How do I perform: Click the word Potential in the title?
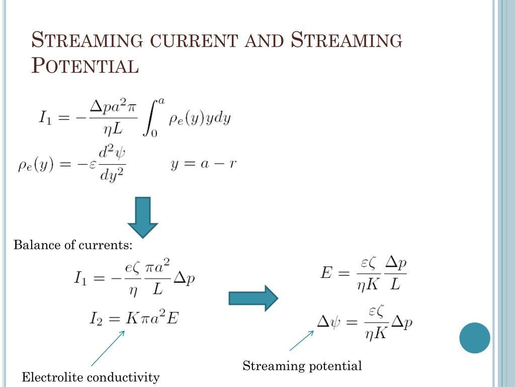(x=85, y=66)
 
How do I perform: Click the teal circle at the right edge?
(x=474, y=338)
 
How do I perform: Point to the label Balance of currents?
(x=73, y=245)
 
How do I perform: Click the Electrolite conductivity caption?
(x=91, y=377)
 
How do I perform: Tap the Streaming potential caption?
(x=302, y=366)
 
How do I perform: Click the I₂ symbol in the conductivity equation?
(x=96, y=318)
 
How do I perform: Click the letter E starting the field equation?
(x=326, y=273)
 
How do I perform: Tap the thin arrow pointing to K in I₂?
(x=108, y=348)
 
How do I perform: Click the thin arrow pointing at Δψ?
(x=302, y=341)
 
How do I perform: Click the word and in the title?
(x=264, y=40)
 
